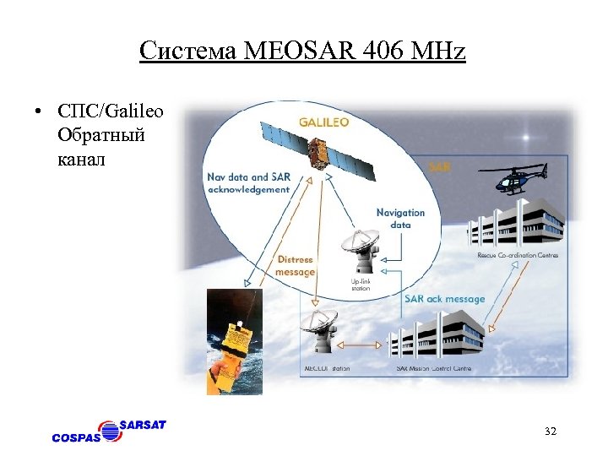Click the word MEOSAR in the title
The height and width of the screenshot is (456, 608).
coord(292,52)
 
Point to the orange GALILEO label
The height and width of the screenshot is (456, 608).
coord(323,122)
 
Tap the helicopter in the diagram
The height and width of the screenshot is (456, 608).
coord(516,180)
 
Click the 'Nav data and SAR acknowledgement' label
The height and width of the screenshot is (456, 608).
coord(247,183)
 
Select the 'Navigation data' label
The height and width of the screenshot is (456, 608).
coord(400,219)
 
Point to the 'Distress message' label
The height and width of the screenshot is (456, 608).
coord(295,266)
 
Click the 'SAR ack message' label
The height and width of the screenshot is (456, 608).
coord(444,298)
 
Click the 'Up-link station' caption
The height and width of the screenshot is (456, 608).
coord(361,284)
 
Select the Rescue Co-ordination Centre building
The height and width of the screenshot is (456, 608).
coord(515,223)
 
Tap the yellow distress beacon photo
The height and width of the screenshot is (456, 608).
coord(235,343)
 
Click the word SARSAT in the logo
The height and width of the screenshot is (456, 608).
coord(143,425)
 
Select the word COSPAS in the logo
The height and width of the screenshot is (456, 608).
coord(76,437)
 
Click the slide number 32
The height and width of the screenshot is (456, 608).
coord(551,432)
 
